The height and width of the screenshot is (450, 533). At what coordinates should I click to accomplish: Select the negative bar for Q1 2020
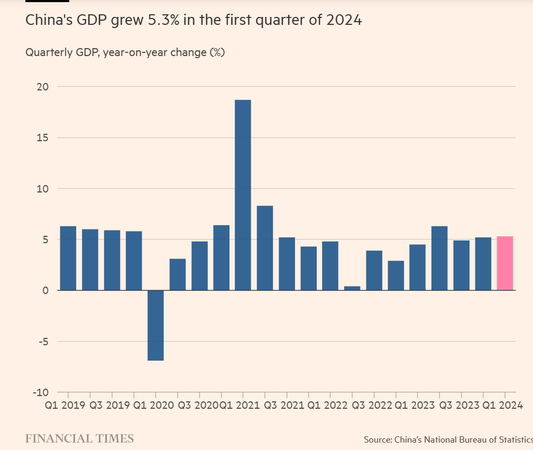[x=155, y=325]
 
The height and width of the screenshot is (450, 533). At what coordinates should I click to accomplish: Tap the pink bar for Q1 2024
[x=505, y=263]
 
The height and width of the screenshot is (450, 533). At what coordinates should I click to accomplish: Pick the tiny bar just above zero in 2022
[x=352, y=288]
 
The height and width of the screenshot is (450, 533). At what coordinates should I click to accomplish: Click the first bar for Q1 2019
[x=68, y=258]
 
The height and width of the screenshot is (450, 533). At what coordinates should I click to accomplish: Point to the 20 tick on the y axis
[x=42, y=87]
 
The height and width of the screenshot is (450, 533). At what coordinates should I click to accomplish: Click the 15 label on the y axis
[x=42, y=137]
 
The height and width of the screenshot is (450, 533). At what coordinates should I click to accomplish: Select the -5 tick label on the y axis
[x=42, y=342]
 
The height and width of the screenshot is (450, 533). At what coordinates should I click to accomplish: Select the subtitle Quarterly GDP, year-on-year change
[x=125, y=52]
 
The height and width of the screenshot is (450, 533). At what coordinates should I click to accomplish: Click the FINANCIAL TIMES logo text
[x=79, y=438]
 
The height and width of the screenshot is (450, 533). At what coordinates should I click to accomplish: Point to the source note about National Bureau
[x=447, y=439]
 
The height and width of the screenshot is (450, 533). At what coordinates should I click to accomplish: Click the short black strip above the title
[x=47, y=1]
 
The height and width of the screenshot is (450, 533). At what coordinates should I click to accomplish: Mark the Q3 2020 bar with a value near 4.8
[x=199, y=266]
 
